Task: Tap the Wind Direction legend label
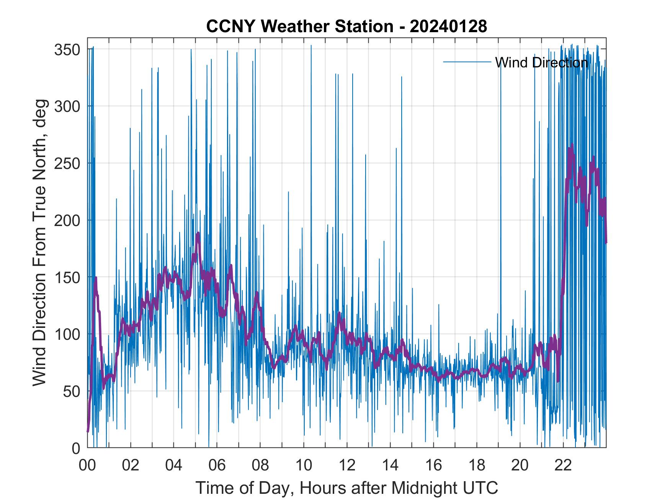click(x=541, y=62)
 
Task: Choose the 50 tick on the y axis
click(x=71, y=392)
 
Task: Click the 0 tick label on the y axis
click(x=76, y=448)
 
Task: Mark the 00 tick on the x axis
click(x=87, y=466)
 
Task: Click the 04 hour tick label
click(x=174, y=466)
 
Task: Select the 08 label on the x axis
click(x=260, y=466)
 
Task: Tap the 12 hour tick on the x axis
click(x=347, y=466)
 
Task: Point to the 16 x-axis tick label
click(x=433, y=466)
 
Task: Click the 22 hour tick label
click(x=563, y=466)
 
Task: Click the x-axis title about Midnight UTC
click(x=347, y=488)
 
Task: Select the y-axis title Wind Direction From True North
click(x=40, y=242)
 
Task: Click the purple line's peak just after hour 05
click(x=198, y=233)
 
